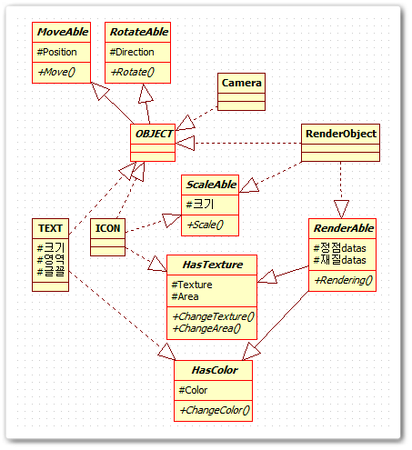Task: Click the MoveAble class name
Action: coord(63,32)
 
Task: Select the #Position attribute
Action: coord(56,52)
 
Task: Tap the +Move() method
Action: coord(56,72)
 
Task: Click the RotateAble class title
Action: coord(139,32)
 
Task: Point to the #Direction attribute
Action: coord(132,52)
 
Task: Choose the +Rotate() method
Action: coord(133,72)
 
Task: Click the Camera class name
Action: coord(241,83)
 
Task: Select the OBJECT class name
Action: coord(154,134)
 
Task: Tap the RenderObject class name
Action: coord(341,134)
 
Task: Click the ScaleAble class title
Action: coord(211,185)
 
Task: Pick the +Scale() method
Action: coord(206,225)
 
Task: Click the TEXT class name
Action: coord(50,228)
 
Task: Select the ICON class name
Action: coord(107,228)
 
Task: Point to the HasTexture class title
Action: coord(213,265)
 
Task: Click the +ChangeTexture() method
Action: coord(213,316)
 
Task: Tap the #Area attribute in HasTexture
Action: coord(185,296)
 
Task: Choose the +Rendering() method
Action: coord(344,280)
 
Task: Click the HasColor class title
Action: coord(215,370)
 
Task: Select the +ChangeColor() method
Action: coord(215,410)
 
